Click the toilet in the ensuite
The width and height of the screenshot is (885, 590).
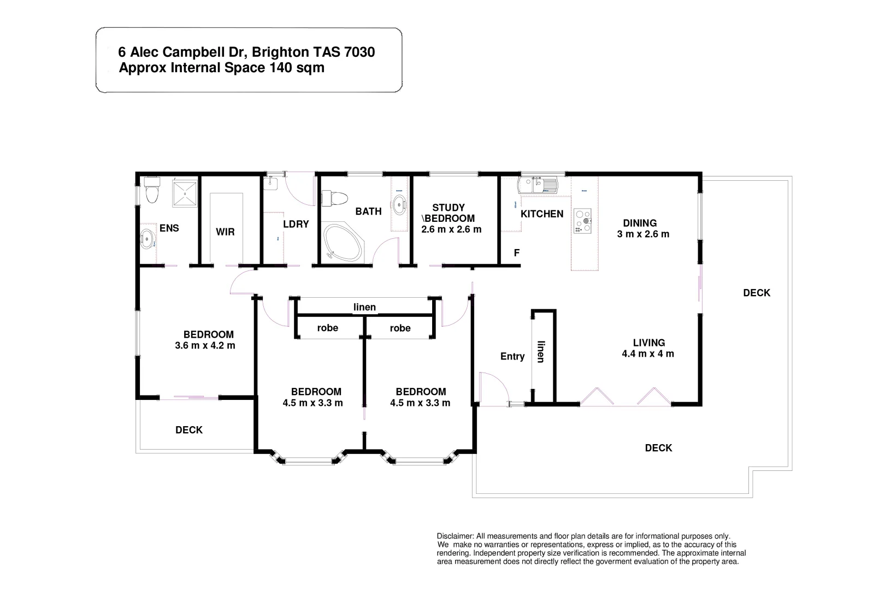[152, 190]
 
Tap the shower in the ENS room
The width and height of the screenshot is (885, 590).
[187, 193]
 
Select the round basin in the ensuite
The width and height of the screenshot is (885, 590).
[147, 238]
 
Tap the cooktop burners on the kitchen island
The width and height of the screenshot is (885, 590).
[583, 221]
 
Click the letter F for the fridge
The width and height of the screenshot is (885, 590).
[517, 253]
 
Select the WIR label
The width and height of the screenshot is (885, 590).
[225, 232]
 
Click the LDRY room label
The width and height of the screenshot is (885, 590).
[296, 224]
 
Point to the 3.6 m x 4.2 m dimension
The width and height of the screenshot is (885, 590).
[205, 346]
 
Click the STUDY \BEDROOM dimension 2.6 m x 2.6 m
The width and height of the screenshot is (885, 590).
[451, 229]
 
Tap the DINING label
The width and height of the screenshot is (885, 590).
[640, 223]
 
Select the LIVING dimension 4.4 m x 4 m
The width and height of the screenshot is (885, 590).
[648, 354]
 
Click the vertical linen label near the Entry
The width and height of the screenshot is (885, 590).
[541, 352]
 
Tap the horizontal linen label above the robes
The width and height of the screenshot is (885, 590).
[364, 307]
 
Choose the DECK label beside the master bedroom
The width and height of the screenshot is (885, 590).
[189, 430]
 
